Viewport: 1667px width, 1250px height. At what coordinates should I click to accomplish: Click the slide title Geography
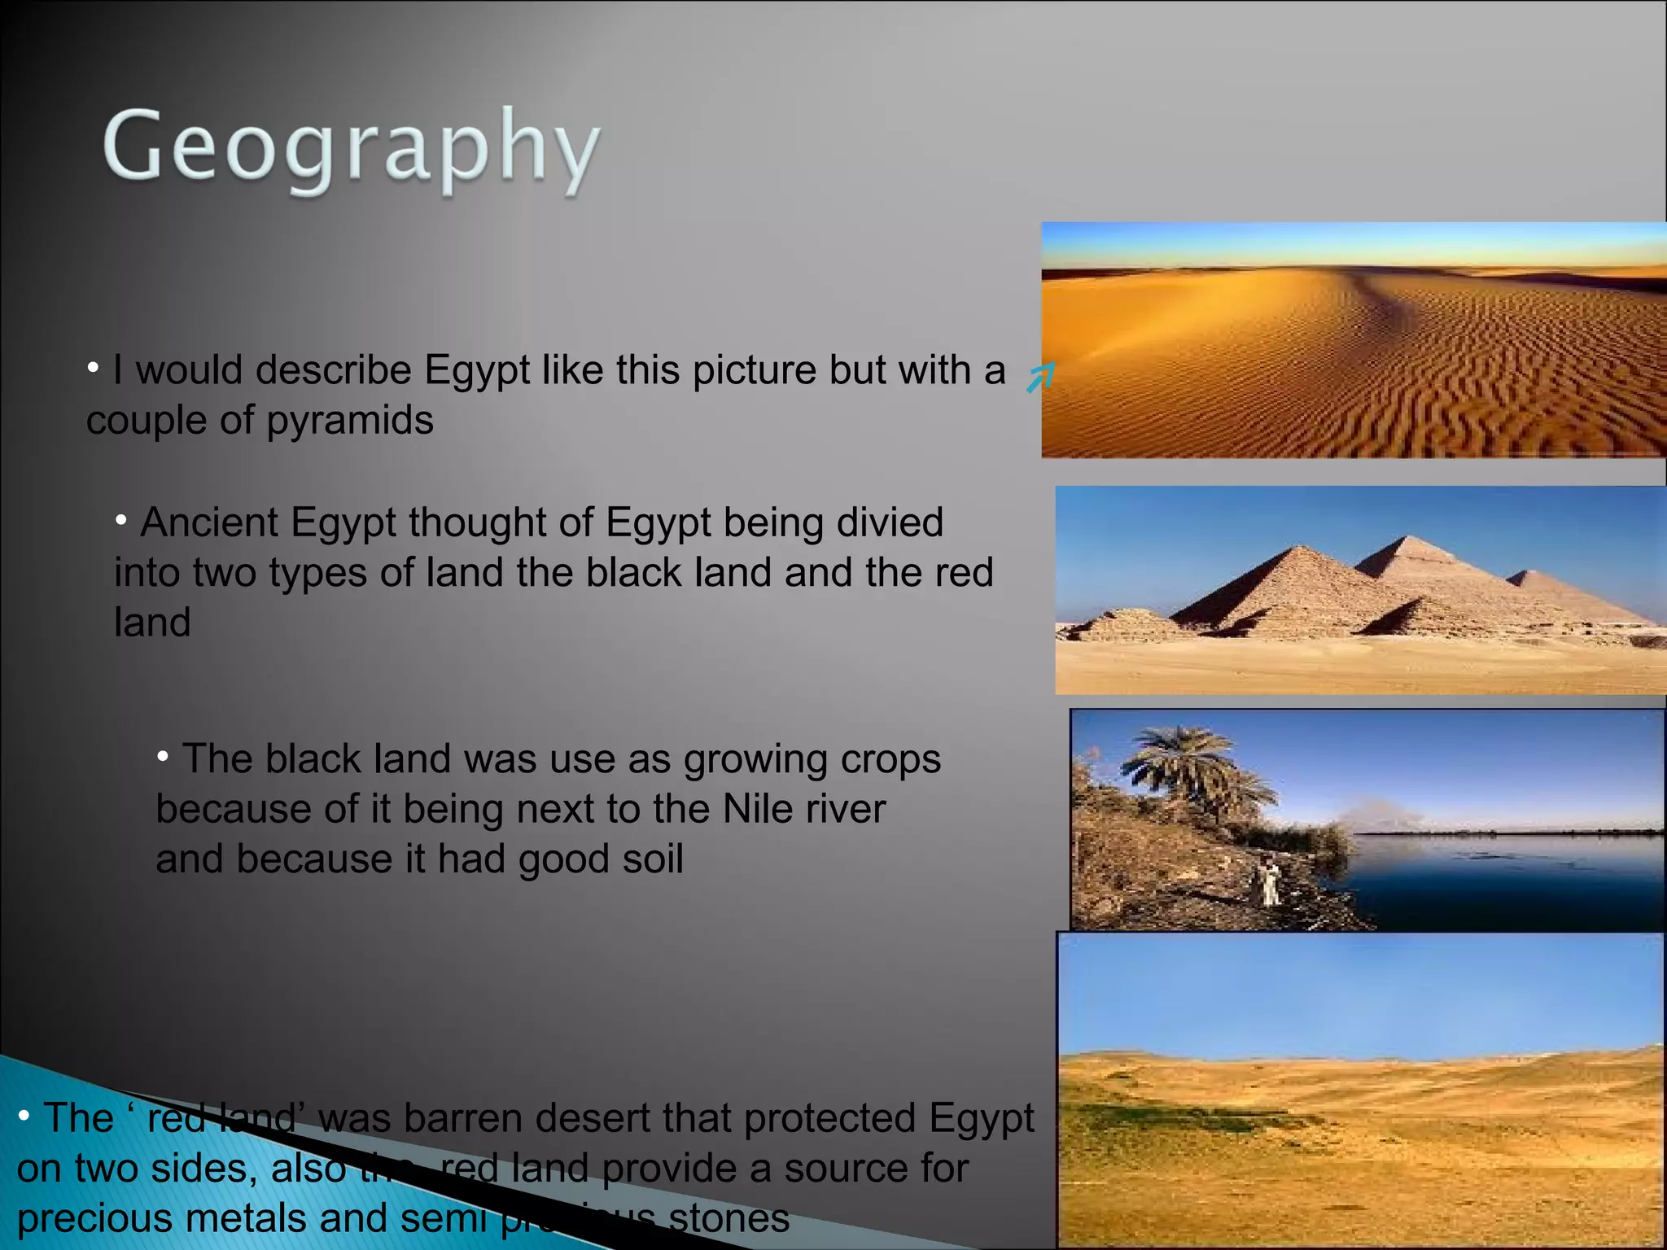(352, 148)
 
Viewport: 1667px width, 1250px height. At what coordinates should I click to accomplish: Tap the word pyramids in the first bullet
(350, 421)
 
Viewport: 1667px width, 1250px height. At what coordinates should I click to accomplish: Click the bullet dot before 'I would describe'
(94, 368)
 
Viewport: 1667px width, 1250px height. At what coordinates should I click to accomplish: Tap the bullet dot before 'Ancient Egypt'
(121, 519)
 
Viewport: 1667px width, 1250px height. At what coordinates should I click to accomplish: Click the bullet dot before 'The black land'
(163, 756)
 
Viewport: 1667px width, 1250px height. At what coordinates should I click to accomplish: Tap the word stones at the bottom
(728, 1218)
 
